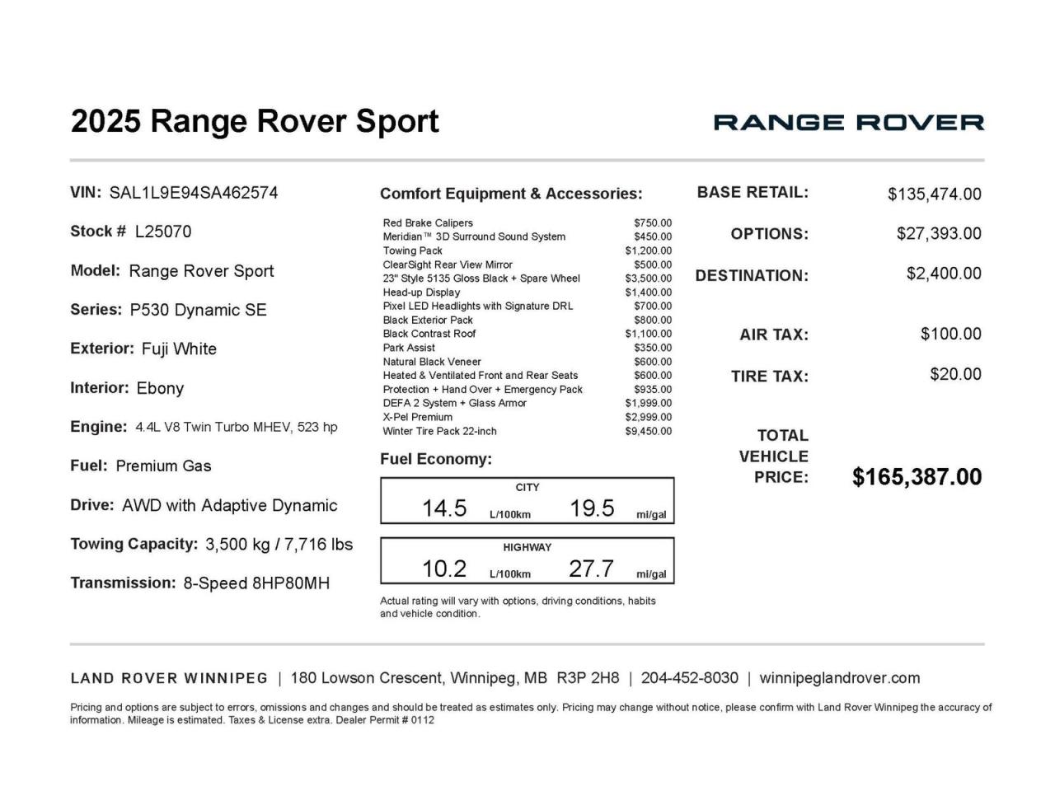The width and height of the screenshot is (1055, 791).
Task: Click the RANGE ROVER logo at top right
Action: [848, 123]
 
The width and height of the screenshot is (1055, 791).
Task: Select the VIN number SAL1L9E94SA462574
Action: [194, 193]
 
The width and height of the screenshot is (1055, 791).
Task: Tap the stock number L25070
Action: [163, 232]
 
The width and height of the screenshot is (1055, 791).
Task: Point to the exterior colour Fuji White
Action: [179, 349]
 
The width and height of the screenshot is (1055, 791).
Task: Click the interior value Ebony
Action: [160, 388]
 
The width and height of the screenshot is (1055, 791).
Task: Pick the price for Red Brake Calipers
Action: [653, 222]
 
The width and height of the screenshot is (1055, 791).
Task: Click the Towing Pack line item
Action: [413, 250]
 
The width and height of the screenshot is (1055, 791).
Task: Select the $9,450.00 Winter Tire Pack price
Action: [649, 431]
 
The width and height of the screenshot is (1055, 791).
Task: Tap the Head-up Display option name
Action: [421, 292]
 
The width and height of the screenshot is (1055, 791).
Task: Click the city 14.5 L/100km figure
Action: [444, 508]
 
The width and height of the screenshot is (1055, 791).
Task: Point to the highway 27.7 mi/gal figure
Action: [591, 569]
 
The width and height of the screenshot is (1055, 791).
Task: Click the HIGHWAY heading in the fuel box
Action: [527, 547]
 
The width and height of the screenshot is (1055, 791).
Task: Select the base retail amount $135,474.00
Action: [934, 194]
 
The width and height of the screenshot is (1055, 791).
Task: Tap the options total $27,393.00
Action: [939, 233]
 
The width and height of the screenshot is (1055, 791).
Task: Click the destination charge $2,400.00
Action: [944, 274]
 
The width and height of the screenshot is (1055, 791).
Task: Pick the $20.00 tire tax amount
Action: [955, 374]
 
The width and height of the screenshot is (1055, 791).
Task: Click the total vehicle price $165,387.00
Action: [917, 477]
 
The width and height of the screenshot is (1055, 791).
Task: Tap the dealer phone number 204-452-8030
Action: [689, 678]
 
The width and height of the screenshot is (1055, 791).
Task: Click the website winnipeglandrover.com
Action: [839, 678]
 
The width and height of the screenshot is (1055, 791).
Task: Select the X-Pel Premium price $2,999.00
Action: [649, 417]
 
